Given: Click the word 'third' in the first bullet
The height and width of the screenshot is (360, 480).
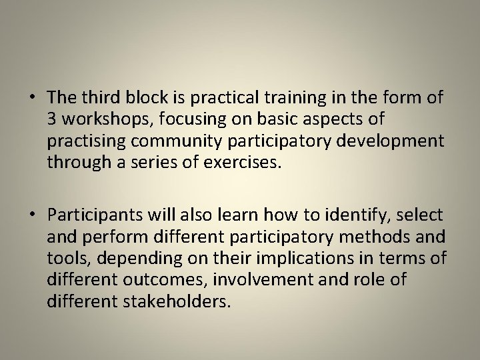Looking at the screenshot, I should point(99,97).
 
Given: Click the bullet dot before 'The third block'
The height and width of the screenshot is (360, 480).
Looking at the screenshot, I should point(31,97).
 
